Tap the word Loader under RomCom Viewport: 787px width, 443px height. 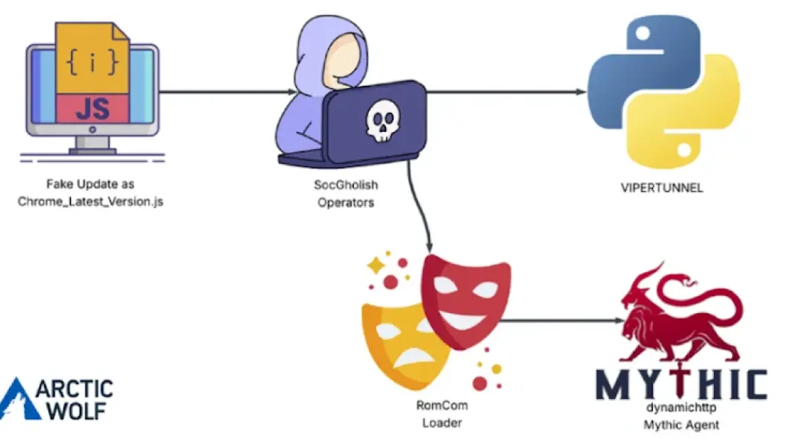click(x=439, y=423)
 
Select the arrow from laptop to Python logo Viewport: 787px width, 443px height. click(x=507, y=92)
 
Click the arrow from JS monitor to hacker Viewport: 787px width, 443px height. click(x=227, y=92)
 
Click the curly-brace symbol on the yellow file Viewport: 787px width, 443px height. click(x=92, y=62)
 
